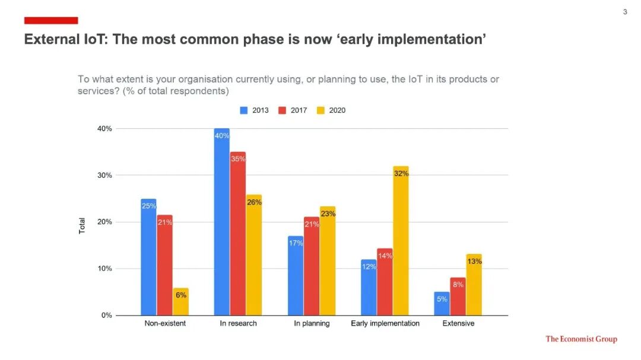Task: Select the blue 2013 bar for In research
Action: click(221, 222)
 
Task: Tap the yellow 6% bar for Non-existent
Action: click(181, 302)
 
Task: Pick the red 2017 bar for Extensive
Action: click(458, 297)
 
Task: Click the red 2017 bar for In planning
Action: click(312, 266)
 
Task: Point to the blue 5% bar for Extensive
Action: click(442, 304)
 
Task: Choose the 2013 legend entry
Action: click(255, 110)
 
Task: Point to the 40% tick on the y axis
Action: click(104, 129)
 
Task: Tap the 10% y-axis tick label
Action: click(104, 269)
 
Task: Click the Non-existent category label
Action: click(165, 323)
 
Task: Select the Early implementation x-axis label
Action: click(385, 323)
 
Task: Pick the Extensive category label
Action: click(458, 323)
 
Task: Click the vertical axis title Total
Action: click(82, 225)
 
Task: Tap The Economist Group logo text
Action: click(581, 339)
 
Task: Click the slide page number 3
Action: click(625, 12)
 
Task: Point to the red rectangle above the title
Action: click(51, 21)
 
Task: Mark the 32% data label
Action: click(401, 174)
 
